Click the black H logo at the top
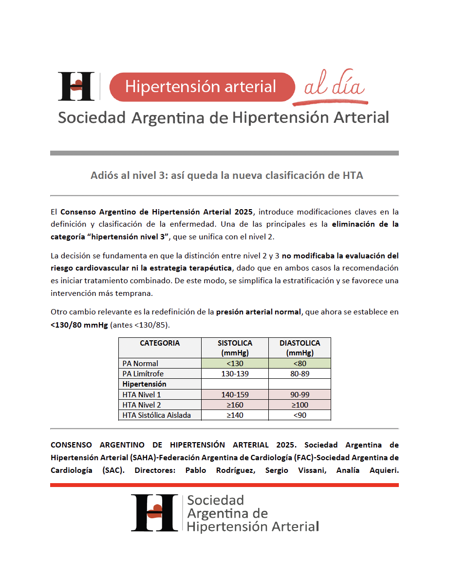tap(76, 86)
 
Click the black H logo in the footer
tap(153, 512)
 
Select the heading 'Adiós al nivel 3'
tap(226, 175)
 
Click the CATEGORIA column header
tap(160, 343)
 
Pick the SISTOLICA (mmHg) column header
tap(235, 348)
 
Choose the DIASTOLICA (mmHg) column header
tap(299, 348)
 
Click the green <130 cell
tap(235, 363)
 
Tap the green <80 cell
tap(299, 363)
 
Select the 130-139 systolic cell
tap(235, 374)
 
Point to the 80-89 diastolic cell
tap(299, 374)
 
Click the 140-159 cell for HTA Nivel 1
tap(235, 394)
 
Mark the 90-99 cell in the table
tap(299, 394)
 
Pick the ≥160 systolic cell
tap(235, 405)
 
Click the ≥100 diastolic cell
tap(299, 405)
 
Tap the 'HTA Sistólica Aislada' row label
tap(156, 415)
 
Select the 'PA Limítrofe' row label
tap(143, 374)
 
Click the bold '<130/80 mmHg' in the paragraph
tap(79, 324)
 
